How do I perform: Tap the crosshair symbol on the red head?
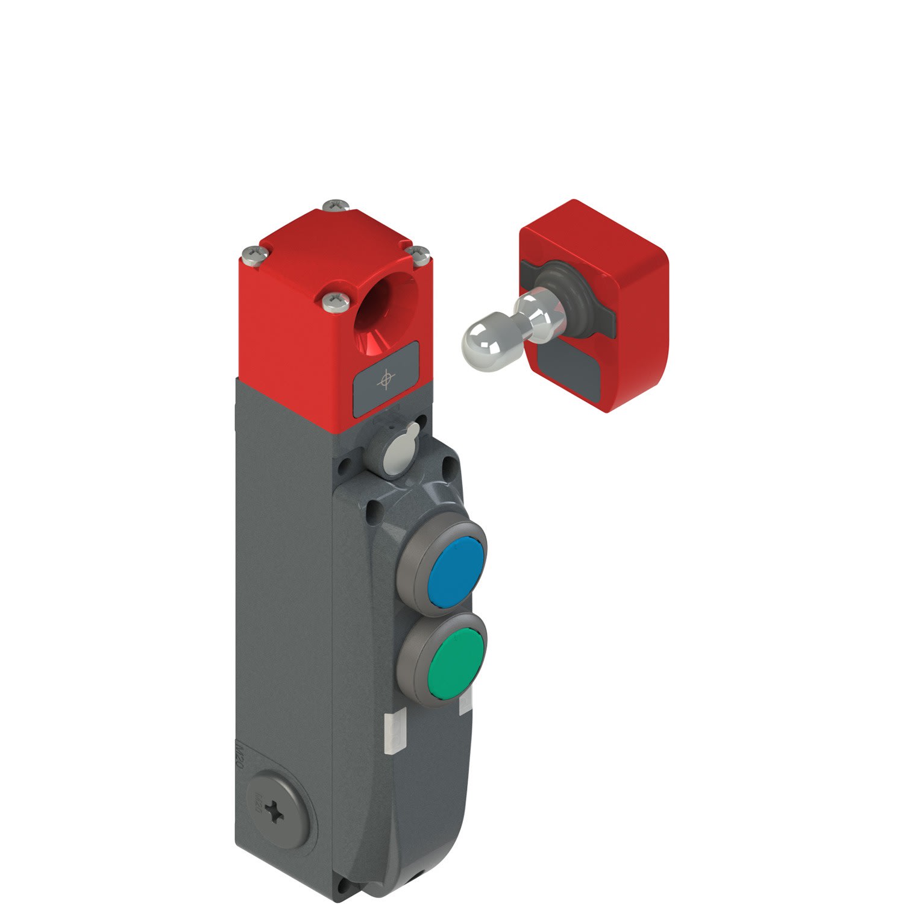point(385,380)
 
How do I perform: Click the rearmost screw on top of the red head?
point(336,206)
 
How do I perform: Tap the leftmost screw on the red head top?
point(251,256)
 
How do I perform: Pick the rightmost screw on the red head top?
point(418,253)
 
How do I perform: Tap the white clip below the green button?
point(465,705)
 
